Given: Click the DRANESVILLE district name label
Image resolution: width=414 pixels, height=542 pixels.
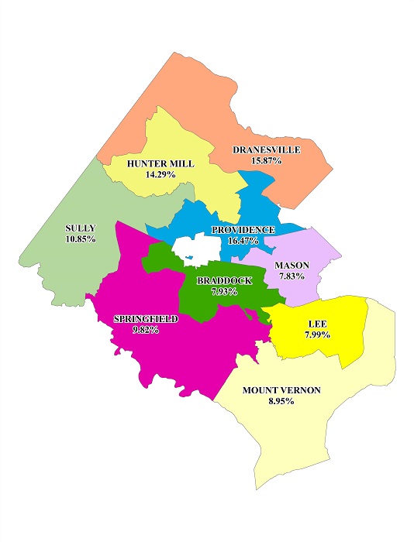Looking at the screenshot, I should click(266, 149).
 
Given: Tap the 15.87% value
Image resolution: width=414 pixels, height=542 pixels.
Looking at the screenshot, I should click(266, 160).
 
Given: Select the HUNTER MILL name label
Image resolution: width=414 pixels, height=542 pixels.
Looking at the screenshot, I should click(160, 164).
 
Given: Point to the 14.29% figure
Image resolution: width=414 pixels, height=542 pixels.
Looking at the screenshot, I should click(160, 175).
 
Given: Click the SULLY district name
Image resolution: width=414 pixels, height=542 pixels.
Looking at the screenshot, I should click(81, 228).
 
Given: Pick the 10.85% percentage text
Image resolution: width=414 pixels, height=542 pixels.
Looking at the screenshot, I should click(81, 239).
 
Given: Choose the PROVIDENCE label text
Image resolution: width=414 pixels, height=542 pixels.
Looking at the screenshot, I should click(243, 230).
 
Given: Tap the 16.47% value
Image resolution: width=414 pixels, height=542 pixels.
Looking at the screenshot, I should click(243, 241).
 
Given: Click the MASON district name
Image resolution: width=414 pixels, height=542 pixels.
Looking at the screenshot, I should click(292, 266).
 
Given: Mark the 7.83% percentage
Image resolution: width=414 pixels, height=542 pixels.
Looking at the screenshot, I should click(292, 276).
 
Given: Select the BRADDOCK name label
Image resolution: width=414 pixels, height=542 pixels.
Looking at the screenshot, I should click(224, 281).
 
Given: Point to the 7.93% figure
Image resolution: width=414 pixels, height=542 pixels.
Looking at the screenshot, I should click(224, 292).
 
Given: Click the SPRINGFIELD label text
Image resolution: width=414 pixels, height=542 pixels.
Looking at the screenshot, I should click(146, 319).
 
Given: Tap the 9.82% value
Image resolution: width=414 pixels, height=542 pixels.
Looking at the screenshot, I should click(146, 330).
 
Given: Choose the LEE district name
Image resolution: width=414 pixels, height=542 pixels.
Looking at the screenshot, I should click(317, 324).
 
